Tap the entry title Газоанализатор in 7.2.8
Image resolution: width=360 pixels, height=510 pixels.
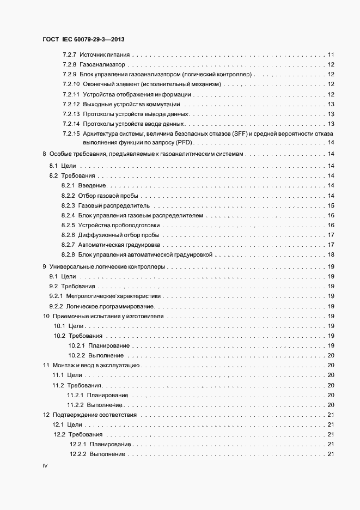pos(100,65)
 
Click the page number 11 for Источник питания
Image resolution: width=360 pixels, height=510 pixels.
pos(331,55)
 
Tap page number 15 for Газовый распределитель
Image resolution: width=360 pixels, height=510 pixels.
pos(331,206)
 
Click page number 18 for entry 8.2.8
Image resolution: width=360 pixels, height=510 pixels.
pos(331,255)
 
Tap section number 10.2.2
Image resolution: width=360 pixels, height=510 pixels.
pos(77,355)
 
